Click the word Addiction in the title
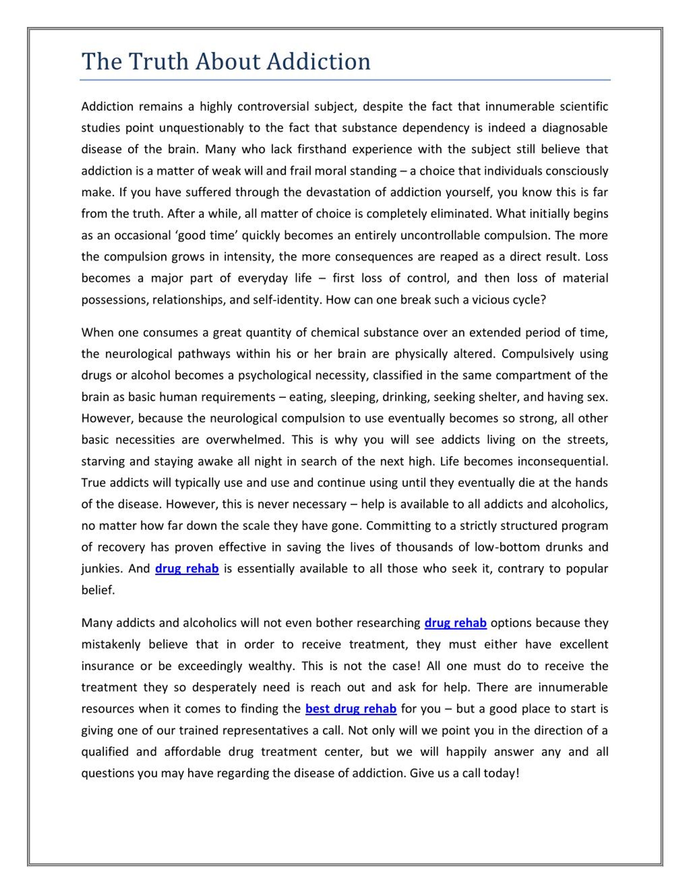tap(319, 61)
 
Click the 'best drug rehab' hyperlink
tap(351, 709)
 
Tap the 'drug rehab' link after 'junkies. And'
tap(187, 569)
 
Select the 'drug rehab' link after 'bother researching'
tap(455, 623)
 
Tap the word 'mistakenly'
tap(110, 644)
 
